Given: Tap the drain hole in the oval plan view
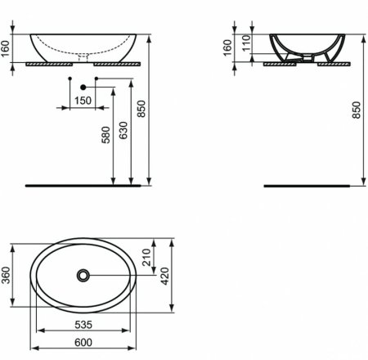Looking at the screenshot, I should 83,276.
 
